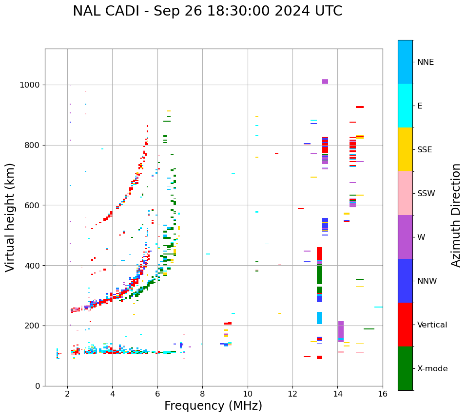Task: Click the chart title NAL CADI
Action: click(207, 11)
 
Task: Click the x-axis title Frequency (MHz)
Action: click(213, 406)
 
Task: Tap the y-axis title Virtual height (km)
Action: click(10, 217)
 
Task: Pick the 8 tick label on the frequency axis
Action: click(202, 394)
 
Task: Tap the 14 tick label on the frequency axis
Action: click(337, 394)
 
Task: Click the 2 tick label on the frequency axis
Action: click(67, 394)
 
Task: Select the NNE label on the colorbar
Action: click(425, 62)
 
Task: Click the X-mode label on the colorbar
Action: click(432, 369)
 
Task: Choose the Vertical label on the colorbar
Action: click(432, 325)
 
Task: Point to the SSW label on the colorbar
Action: click(426, 194)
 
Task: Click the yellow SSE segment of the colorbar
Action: click(405, 149)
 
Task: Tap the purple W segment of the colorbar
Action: click(405, 237)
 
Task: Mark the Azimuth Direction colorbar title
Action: click(456, 215)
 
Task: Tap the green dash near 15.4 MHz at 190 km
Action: click(369, 329)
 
